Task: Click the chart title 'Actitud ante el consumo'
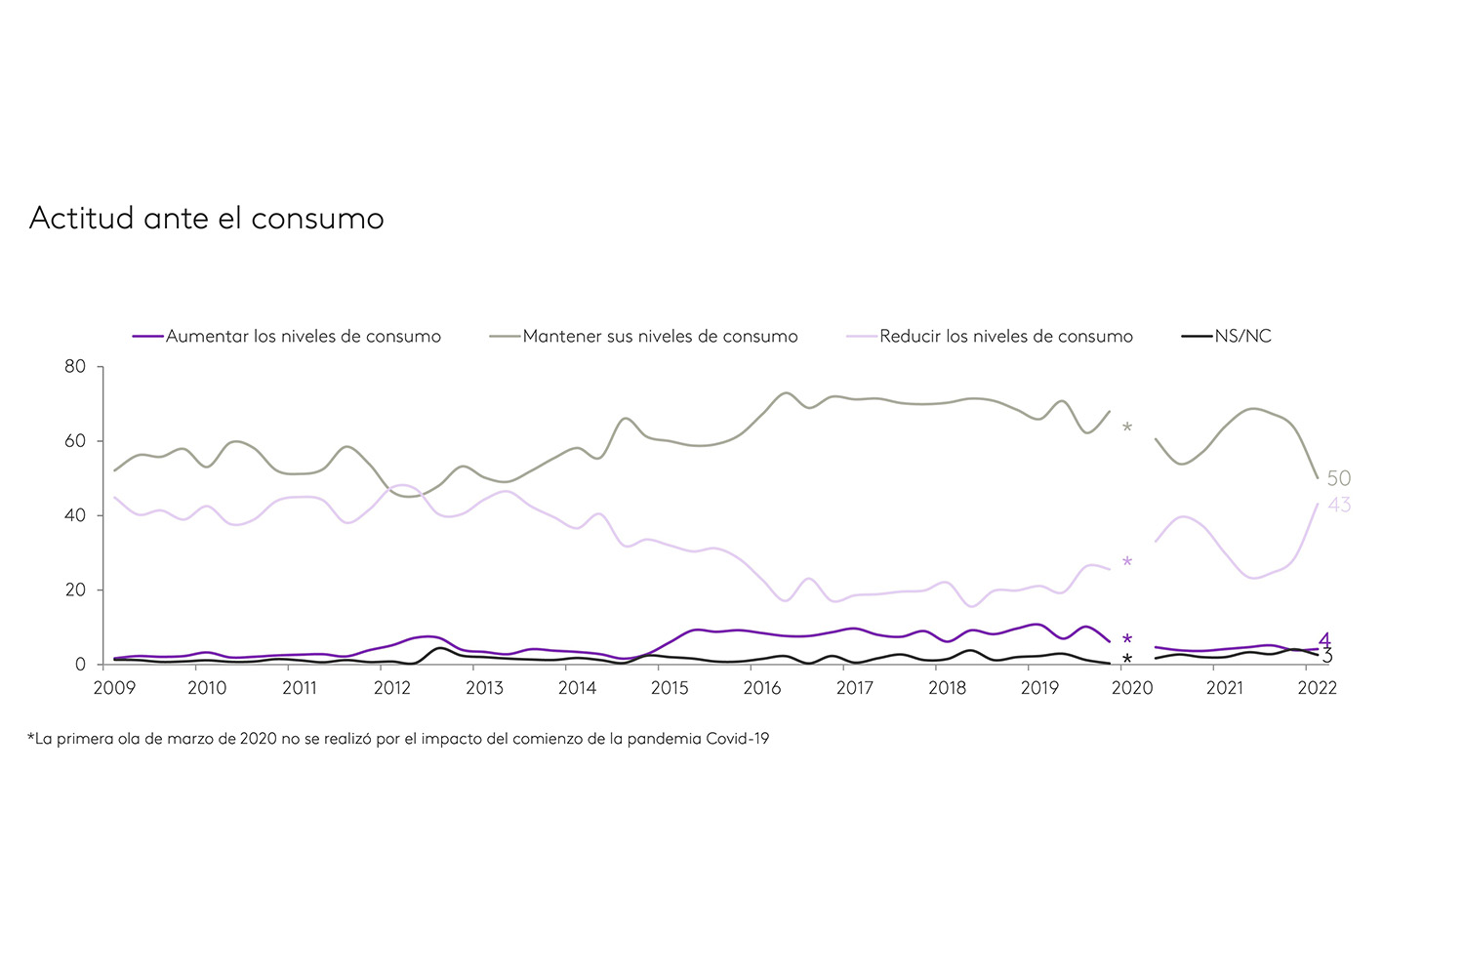coord(207,218)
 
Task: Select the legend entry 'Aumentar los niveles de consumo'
coord(303,337)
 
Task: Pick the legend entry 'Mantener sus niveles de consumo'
coord(660,337)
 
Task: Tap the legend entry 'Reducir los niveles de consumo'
coord(1005,337)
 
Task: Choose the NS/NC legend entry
coord(1242,337)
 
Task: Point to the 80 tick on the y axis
coord(75,367)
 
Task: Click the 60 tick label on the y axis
coord(75,441)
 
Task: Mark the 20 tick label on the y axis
coord(75,590)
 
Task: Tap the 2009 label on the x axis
coord(114,688)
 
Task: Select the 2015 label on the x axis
coord(670,688)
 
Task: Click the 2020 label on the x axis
coord(1132,688)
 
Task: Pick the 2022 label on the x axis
coord(1317,688)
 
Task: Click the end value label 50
coord(1339,478)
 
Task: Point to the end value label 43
coord(1339,505)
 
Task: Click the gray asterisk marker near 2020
coord(1127,428)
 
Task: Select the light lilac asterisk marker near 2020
coord(1127,562)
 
